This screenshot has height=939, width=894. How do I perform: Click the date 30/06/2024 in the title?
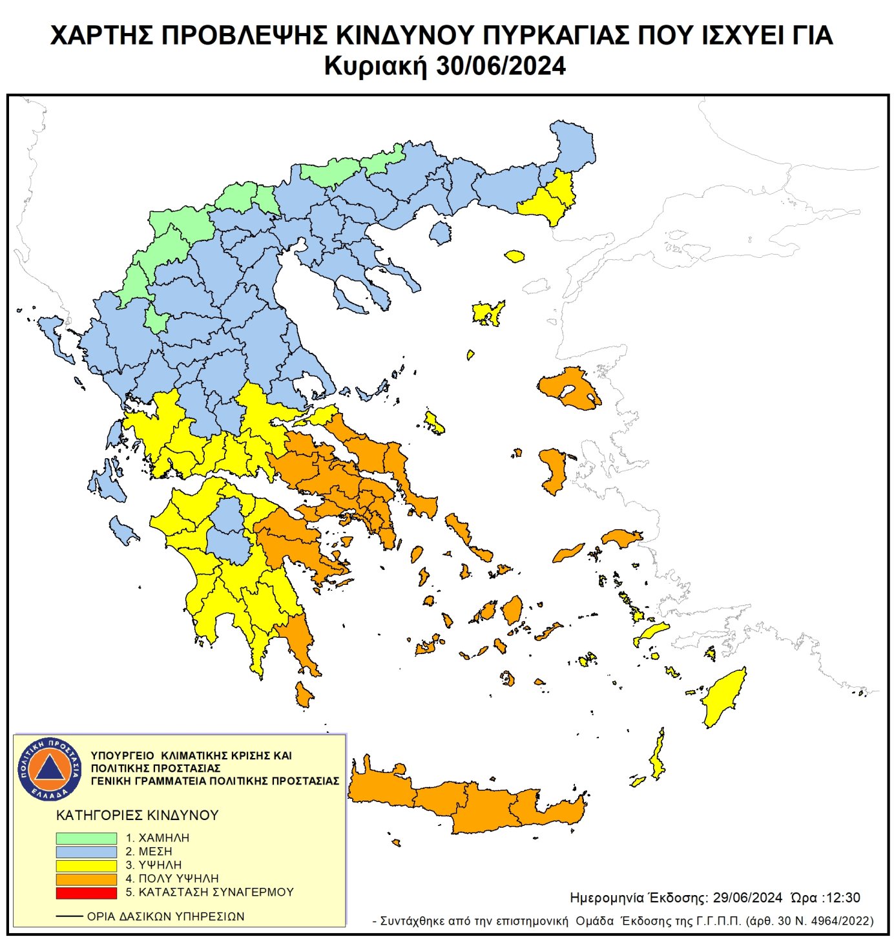pos(501,67)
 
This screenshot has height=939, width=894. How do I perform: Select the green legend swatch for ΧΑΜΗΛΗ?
pos(86,838)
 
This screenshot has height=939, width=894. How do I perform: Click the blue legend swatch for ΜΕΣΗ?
pos(86,852)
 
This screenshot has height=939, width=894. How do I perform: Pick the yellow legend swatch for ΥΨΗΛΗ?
pos(86,865)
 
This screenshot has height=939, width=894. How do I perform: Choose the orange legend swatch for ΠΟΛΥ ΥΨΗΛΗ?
pos(86,879)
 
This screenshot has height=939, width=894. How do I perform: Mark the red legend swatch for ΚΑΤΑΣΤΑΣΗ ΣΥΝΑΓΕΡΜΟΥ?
pos(86,892)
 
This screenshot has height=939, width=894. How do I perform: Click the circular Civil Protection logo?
pos(50,769)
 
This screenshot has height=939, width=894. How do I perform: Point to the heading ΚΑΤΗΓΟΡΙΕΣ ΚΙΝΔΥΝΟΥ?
pos(138,816)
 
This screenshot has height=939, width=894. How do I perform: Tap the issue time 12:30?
pos(842,898)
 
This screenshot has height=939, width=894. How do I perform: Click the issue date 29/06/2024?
pos(747,898)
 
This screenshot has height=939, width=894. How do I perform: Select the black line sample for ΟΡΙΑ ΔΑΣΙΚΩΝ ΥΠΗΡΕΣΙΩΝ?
pos(69,916)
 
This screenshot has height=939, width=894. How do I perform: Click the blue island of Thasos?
pos(441,233)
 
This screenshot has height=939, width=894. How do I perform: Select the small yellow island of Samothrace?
pos(514,257)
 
